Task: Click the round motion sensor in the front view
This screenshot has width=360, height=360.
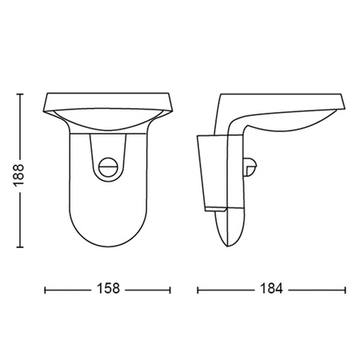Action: [x=109, y=166]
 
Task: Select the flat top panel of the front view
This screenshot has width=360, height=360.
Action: [x=109, y=100]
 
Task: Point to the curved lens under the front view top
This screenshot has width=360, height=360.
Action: [x=109, y=122]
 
